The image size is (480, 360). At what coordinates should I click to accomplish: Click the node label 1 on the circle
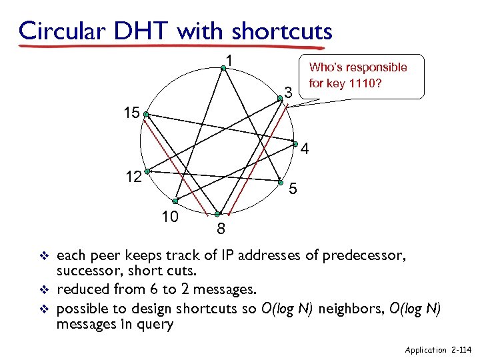tap(229, 61)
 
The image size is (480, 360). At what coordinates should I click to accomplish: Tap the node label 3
tap(288, 91)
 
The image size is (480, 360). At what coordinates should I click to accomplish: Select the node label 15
tap(131, 113)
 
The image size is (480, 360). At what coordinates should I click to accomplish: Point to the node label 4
tap(305, 149)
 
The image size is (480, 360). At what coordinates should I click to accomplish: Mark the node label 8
tap(221, 230)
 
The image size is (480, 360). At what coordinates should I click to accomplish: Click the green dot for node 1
tap(223, 67)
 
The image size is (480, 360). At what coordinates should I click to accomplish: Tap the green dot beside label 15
tap(145, 114)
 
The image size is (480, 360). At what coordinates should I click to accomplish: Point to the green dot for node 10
tap(175, 201)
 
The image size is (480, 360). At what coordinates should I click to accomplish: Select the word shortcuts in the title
tap(282, 31)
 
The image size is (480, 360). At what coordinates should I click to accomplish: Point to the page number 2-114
tap(461, 349)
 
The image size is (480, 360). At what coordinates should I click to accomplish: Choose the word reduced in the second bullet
tap(80, 289)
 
